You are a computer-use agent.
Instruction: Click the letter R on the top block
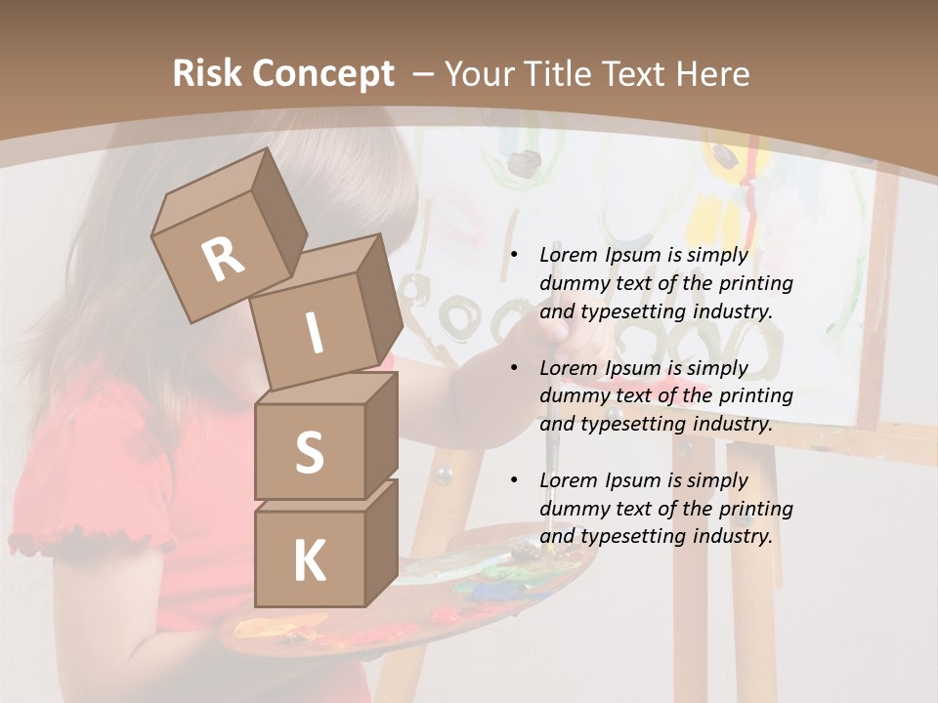[223, 260]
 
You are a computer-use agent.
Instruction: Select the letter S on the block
[309, 452]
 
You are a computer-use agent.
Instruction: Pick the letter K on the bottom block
[309, 561]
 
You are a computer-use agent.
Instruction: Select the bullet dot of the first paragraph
[514, 256]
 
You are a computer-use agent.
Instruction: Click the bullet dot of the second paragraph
[514, 368]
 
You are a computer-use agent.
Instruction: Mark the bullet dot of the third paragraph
[514, 480]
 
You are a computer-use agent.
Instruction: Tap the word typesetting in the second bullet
[630, 424]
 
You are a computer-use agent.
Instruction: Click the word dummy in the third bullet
[575, 508]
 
